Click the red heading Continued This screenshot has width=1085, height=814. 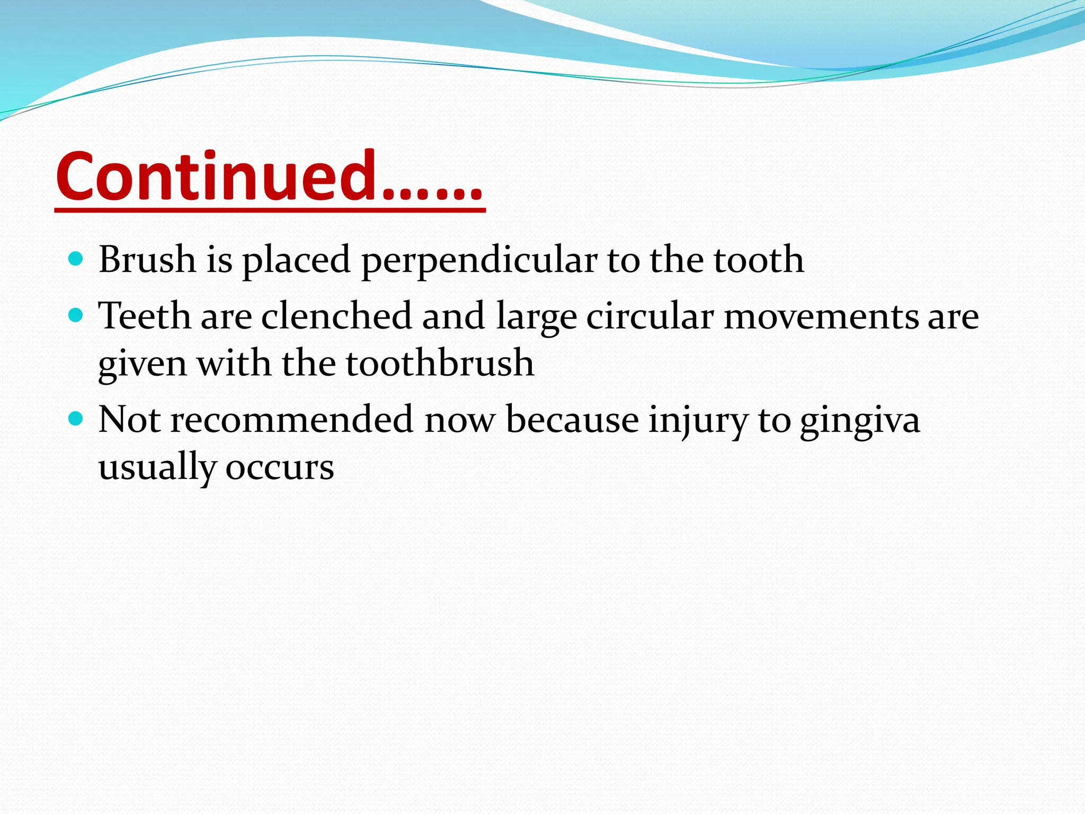click(x=269, y=176)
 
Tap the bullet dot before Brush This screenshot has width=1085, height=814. click(x=76, y=259)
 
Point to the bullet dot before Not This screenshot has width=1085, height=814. click(x=76, y=419)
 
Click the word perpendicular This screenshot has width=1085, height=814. click(x=479, y=261)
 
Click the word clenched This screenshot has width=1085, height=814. click(x=336, y=316)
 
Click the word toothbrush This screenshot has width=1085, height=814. click(x=440, y=364)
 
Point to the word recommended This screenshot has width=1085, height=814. click(x=291, y=420)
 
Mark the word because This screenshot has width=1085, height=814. click(x=572, y=420)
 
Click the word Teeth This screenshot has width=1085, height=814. click(x=145, y=316)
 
